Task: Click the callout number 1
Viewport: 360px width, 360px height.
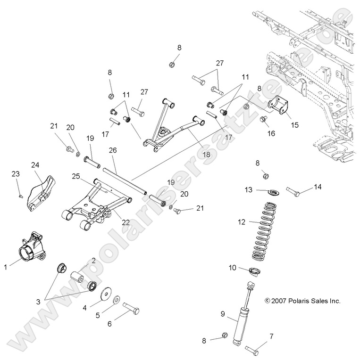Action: [x=6, y=267]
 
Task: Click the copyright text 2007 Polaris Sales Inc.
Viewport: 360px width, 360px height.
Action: [x=302, y=301]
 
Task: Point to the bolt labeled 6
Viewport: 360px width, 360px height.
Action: [x=131, y=310]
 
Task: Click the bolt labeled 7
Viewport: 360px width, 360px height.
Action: [x=253, y=349]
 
